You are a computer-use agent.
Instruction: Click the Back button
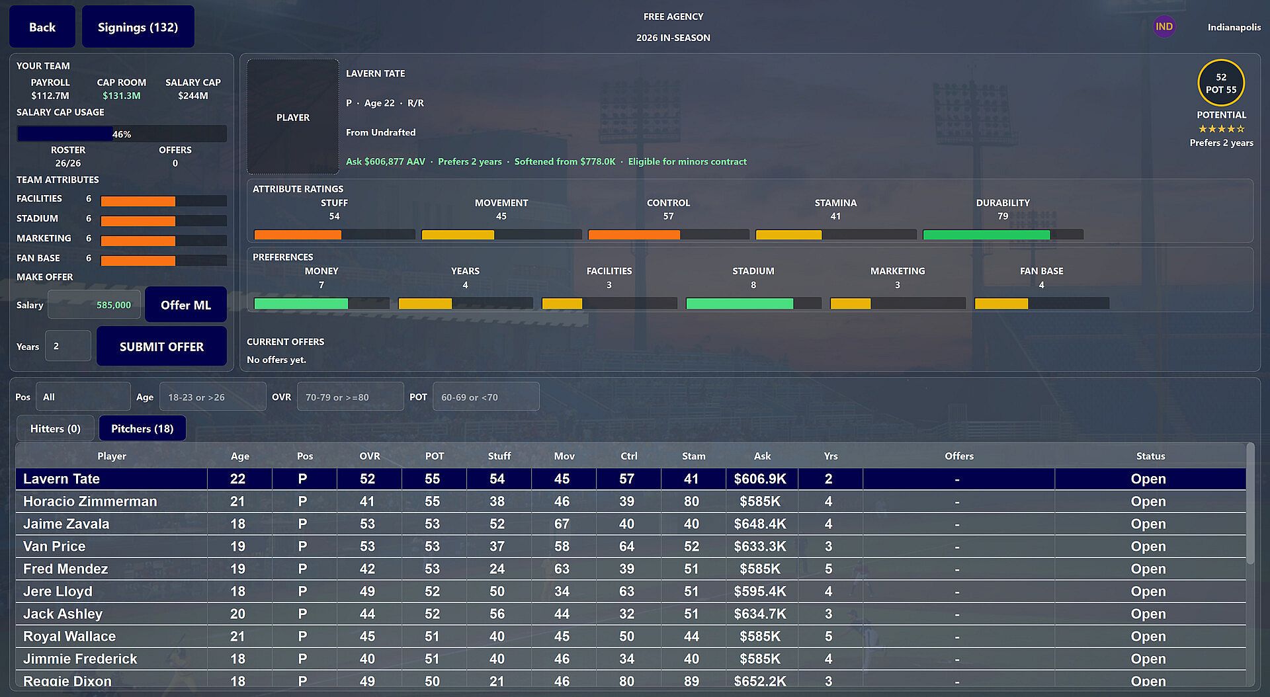coord(42,27)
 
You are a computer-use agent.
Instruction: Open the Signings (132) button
coord(138,27)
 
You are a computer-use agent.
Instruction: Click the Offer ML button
coord(186,305)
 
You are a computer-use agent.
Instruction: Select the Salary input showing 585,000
coord(94,305)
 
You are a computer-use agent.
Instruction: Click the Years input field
coord(68,346)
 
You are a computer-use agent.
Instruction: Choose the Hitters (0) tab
coord(56,429)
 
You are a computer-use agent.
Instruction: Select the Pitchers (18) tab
coord(142,429)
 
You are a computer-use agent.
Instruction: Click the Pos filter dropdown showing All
coord(83,397)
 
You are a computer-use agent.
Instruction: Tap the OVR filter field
coord(350,397)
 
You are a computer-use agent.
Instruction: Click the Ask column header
coord(762,456)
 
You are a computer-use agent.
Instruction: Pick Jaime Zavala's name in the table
coord(66,524)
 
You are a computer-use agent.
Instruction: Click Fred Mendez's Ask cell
coord(760,569)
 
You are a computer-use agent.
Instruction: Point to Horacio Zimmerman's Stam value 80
coord(691,501)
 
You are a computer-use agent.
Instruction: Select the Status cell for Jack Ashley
coord(1148,614)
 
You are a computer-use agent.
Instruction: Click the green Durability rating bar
coord(986,235)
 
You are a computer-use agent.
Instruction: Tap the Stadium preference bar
coord(740,304)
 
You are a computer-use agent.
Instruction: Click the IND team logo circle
coord(1164,27)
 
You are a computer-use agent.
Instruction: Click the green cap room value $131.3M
coord(122,95)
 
